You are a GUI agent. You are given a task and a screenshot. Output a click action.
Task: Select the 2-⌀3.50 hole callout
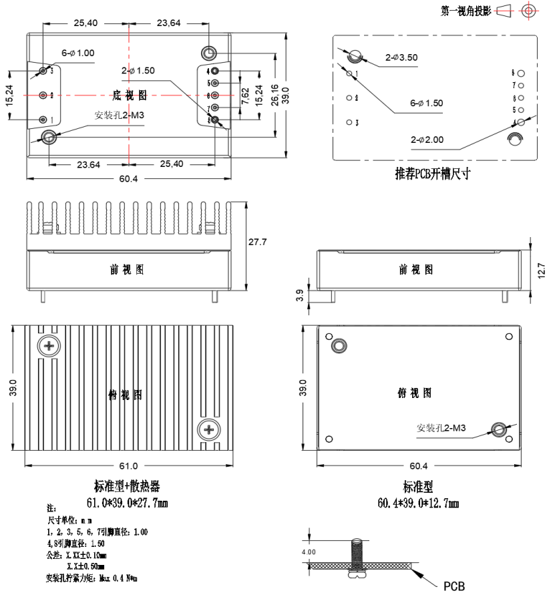401,57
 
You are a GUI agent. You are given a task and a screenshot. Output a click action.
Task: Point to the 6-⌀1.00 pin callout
77,52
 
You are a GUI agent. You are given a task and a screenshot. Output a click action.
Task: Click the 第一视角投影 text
466,11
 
